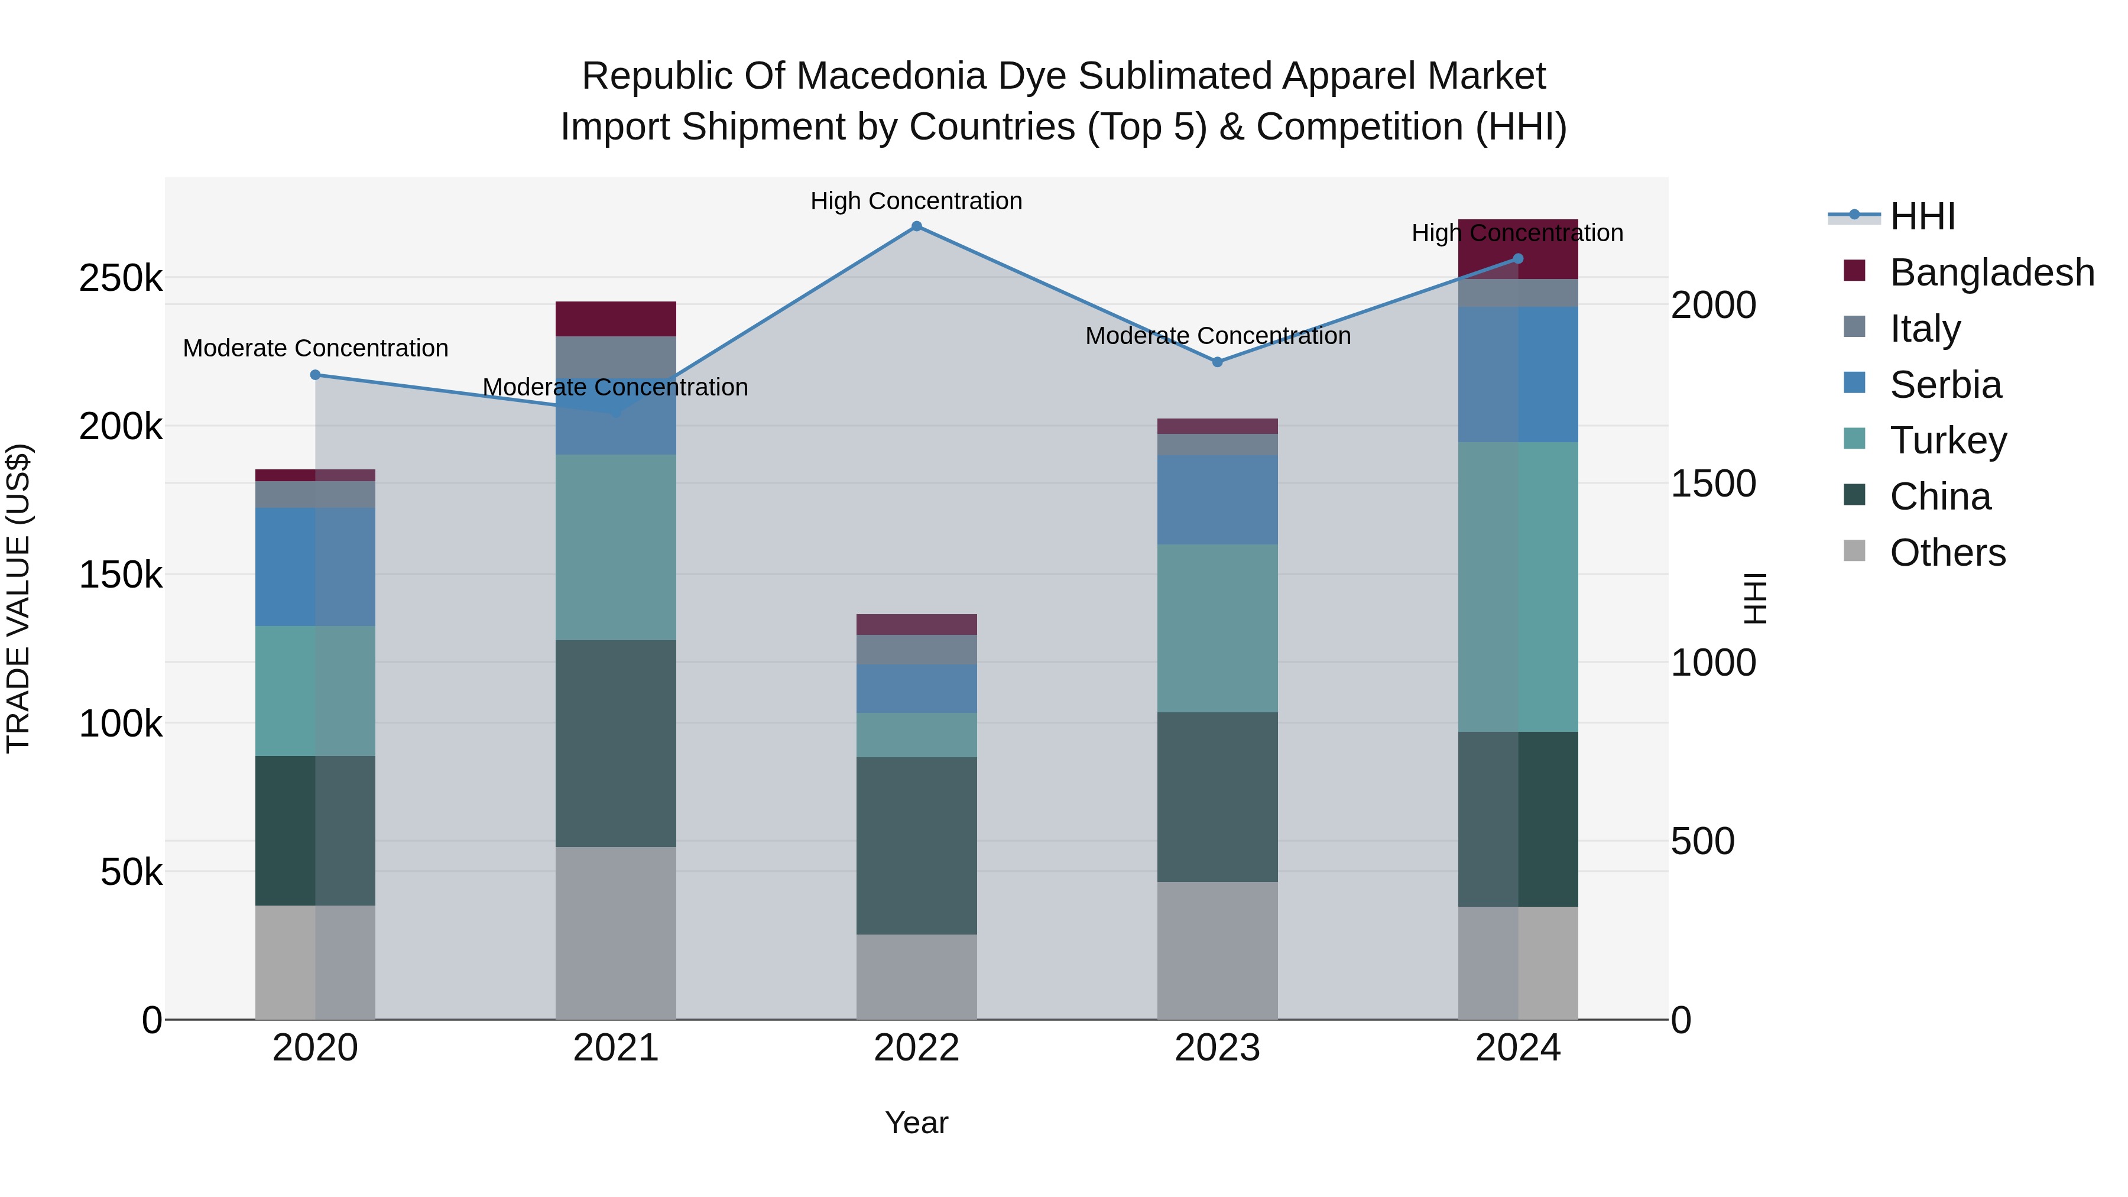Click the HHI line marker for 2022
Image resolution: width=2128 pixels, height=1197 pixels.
point(916,226)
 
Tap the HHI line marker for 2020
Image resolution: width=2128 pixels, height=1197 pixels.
point(314,375)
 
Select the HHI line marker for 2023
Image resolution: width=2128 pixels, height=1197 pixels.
point(1217,362)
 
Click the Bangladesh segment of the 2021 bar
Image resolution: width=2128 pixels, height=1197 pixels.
point(615,319)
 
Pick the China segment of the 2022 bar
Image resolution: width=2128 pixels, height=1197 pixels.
point(916,846)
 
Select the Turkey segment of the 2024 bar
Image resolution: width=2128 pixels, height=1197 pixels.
point(1517,586)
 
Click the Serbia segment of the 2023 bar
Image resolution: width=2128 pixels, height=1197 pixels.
point(1217,499)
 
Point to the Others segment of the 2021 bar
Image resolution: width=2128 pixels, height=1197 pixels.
point(615,933)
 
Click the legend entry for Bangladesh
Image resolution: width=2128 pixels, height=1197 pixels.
point(1991,273)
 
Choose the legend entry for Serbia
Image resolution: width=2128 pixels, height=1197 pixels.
point(1945,385)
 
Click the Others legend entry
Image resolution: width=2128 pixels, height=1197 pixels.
point(1947,553)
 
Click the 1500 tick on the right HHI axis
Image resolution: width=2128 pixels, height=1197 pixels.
point(1713,484)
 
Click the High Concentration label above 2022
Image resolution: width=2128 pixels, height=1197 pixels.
point(916,201)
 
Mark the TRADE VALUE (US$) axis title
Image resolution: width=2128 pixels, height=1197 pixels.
point(18,598)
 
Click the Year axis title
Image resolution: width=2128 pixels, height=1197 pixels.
point(916,1123)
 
